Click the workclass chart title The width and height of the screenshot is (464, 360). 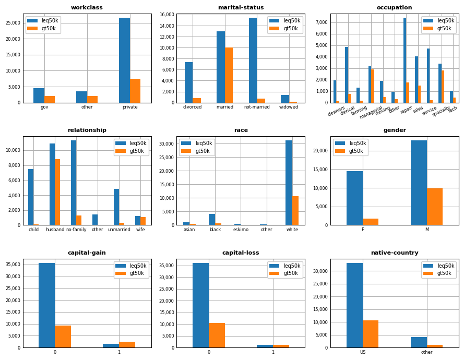coord(87,8)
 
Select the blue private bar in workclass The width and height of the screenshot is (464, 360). coord(124,60)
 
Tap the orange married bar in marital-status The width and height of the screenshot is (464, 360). coord(229,75)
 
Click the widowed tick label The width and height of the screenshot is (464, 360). coord(289,107)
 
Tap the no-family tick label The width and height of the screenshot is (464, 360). coord(76,230)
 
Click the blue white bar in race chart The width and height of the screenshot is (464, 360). coord(289,183)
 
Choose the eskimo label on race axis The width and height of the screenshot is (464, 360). coord(241,230)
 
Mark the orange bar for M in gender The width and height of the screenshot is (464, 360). coord(435,207)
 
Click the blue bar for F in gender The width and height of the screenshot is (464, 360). coord(354,198)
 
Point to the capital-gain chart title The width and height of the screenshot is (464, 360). coord(87,253)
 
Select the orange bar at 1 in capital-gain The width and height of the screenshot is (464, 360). coord(127,344)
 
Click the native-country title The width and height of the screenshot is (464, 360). coord(395,253)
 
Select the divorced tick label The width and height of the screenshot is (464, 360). coord(193,107)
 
